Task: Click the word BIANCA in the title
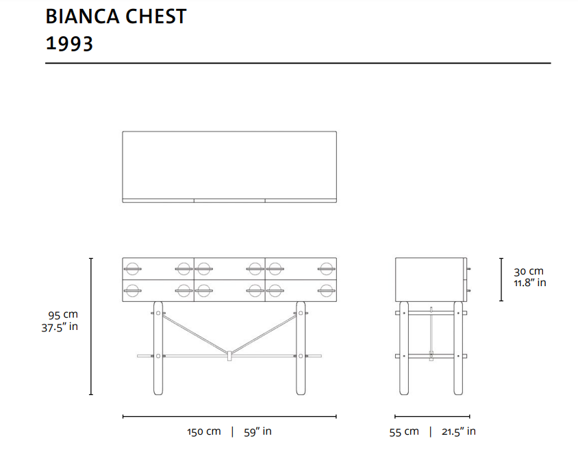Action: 83,16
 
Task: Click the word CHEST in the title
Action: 156,16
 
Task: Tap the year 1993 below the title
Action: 69,44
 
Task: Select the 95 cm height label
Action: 63,315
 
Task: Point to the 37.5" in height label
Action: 60,327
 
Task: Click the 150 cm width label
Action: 204,431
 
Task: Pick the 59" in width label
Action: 257,431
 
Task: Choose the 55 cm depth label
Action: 404,431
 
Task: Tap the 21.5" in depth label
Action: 459,431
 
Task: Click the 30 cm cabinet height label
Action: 529,271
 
